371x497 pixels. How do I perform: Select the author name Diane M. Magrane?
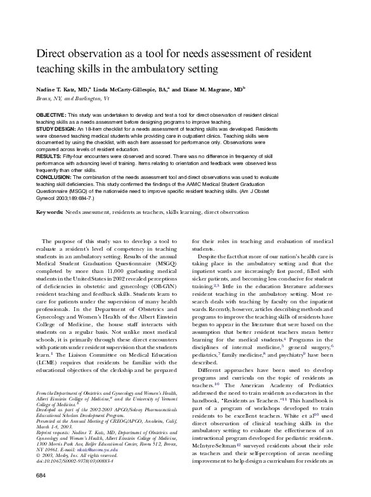[211, 91]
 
